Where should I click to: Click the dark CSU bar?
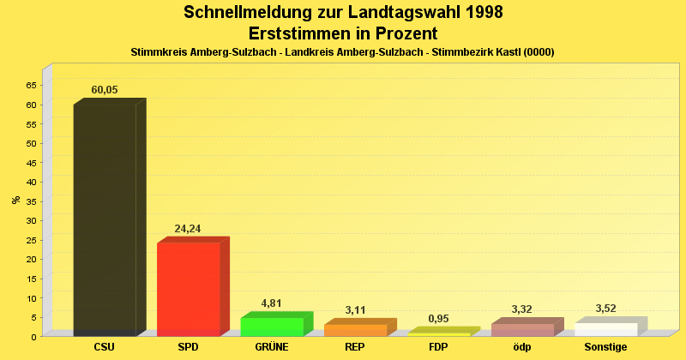point(105,219)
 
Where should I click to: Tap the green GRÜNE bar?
point(272,327)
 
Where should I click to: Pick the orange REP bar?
point(355,330)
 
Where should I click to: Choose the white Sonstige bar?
point(605,329)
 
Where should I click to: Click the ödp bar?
point(522,330)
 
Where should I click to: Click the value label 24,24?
point(187,229)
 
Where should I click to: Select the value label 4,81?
point(271,303)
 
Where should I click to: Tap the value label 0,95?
point(438,319)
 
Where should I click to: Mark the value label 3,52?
point(605,309)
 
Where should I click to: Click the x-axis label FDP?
point(438,347)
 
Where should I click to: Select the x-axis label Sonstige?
point(605,347)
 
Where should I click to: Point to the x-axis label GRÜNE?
point(272,347)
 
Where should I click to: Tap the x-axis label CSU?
point(105,347)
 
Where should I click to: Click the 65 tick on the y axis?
point(31,85)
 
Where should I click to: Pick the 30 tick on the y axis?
point(31,220)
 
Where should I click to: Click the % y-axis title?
point(16,200)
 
